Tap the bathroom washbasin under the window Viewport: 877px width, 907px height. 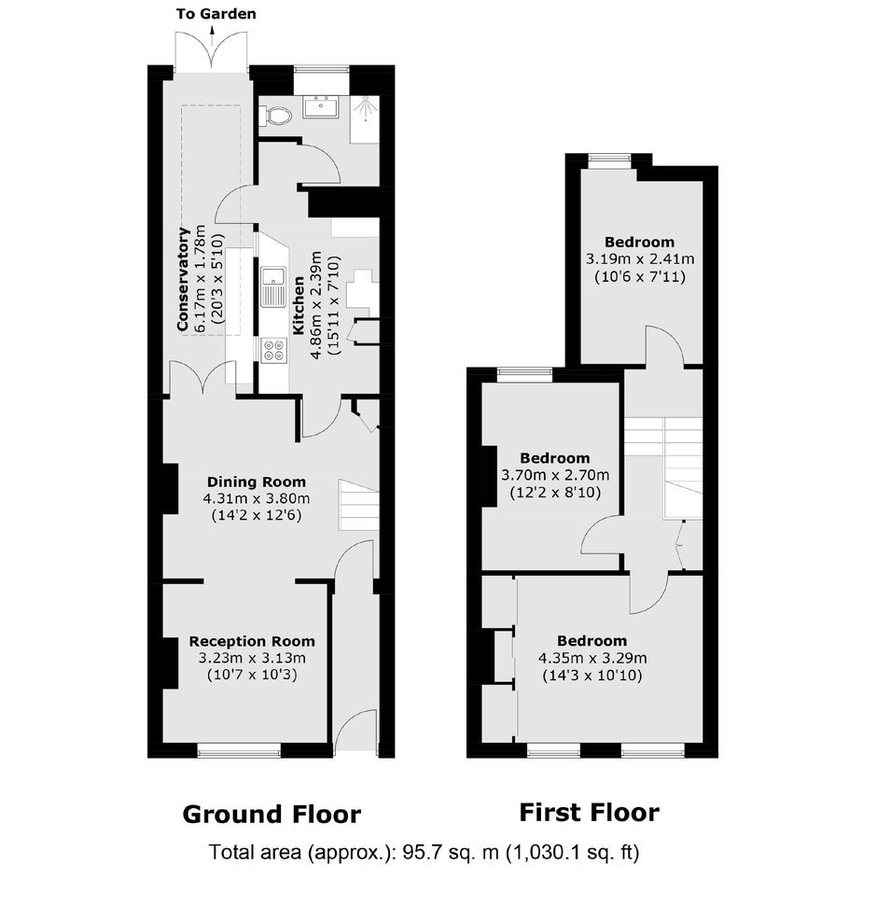321,107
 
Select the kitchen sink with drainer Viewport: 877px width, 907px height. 273,286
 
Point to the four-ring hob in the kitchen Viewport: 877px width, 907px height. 273,351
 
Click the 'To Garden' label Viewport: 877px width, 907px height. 216,14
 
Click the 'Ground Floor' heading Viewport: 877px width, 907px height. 271,815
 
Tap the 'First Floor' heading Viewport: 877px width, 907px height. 589,812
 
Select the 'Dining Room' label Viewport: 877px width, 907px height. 257,481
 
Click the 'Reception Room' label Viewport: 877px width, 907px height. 252,641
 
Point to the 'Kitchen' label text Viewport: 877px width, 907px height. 299,305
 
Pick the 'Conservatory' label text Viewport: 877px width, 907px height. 184,279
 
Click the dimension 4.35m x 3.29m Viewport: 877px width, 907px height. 592,658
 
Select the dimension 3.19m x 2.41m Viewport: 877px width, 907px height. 640,259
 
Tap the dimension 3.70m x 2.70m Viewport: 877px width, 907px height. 555,476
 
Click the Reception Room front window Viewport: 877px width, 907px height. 239,751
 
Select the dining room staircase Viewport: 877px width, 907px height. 358,505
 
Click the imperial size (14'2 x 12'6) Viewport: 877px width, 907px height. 257,515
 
